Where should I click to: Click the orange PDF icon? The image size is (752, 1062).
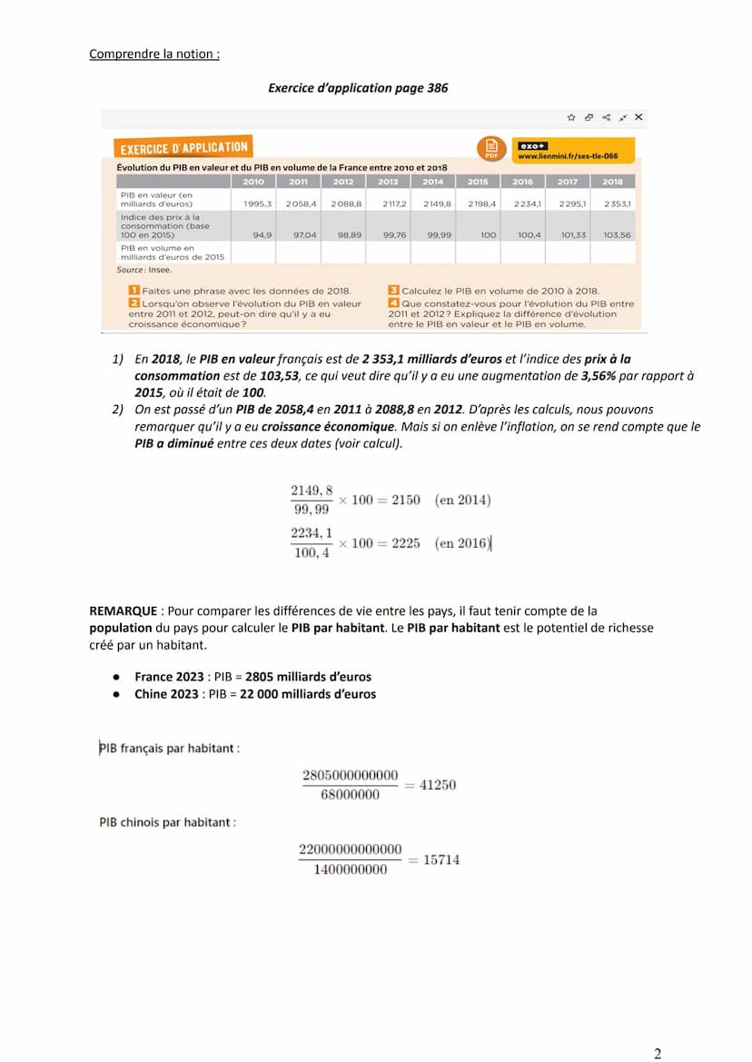(491, 148)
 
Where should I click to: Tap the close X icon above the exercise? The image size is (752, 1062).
(638, 117)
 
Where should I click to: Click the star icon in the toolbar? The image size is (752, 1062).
(571, 117)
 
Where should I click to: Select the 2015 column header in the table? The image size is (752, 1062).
(478, 182)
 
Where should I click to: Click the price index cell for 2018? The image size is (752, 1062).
(617, 234)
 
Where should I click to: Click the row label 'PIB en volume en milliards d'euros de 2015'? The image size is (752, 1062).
(172, 253)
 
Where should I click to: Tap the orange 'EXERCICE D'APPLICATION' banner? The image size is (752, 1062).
(184, 147)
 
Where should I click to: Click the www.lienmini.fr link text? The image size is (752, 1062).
(568, 156)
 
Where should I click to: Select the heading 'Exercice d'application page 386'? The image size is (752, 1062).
(358, 88)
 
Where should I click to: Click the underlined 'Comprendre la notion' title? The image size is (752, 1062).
(154, 54)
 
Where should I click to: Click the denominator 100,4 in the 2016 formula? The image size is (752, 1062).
(312, 553)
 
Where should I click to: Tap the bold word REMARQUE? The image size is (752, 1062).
(123, 611)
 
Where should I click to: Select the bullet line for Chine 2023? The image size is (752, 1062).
(254, 694)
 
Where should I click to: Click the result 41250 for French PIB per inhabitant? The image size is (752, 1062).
(438, 785)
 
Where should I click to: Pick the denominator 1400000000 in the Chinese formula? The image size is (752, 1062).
(350, 869)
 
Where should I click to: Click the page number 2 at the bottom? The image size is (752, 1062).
(658, 1054)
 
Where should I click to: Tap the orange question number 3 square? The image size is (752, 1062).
(393, 291)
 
